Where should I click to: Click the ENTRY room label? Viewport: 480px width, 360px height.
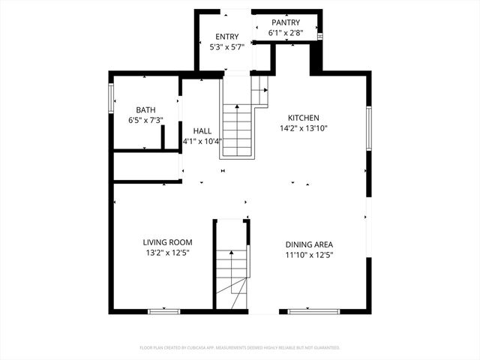coord(226,37)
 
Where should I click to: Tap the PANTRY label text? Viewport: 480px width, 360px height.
coord(286,22)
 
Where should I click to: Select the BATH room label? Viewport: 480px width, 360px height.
coord(145,109)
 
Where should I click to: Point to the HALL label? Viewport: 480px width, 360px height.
coord(202,130)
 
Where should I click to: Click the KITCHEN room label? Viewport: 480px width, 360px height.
coord(304,118)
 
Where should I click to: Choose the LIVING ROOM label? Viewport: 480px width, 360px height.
coord(168,242)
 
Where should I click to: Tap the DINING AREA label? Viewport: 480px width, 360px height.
coord(309,244)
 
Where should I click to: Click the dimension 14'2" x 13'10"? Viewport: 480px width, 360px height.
coord(304,128)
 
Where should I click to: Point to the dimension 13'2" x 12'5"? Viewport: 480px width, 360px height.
coord(168,253)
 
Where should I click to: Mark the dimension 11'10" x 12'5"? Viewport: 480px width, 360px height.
coord(309,255)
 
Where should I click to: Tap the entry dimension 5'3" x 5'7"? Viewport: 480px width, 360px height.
coord(226,47)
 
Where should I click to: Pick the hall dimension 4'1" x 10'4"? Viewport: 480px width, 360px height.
coord(202,141)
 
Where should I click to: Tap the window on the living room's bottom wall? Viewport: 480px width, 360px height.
coord(163,310)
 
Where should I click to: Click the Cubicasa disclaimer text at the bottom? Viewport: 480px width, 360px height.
coord(240,348)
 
